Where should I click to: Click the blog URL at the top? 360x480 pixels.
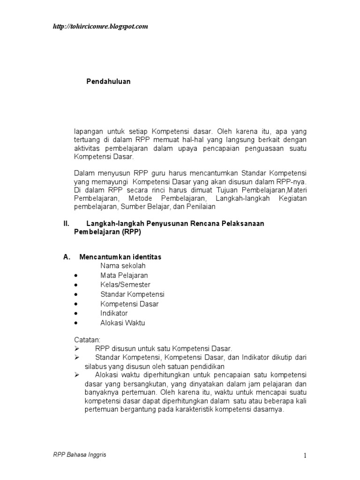point(100,27)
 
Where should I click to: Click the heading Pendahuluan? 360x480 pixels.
point(108,82)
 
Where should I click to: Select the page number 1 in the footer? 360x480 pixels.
point(305,456)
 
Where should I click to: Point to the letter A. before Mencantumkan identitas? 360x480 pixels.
point(67,257)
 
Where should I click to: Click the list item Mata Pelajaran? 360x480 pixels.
point(124,276)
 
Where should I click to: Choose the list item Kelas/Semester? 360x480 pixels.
point(125,285)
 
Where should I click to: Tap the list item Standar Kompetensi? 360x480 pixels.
point(132,294)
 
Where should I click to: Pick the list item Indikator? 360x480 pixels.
point(114,313)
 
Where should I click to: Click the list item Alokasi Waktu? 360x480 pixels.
point(123,322)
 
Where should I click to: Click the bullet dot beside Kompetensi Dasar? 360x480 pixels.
point(76,304)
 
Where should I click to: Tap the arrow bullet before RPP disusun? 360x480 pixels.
point(77,348)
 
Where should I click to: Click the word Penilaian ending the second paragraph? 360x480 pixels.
point(201,207)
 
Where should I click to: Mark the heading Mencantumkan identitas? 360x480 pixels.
point(120,257)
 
